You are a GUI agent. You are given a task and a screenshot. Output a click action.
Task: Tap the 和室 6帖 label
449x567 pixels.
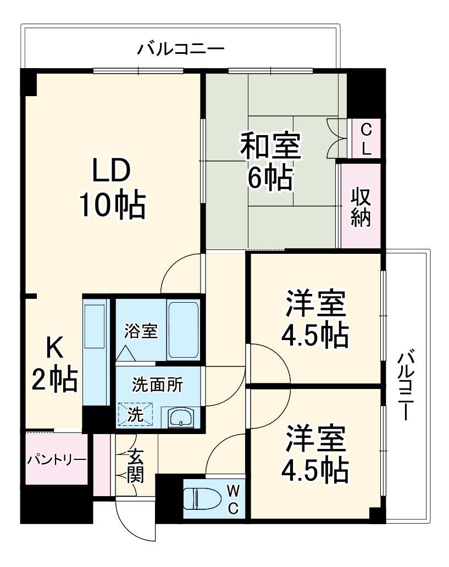point(270,162)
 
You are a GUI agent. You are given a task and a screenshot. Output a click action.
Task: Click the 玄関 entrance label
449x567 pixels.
point(135,466)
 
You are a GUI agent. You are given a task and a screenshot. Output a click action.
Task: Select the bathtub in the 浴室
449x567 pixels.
point(184,329)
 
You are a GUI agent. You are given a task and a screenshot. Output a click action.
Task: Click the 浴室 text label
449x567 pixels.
point(141,331)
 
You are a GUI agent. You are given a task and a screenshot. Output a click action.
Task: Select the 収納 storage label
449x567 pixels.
point(361,207)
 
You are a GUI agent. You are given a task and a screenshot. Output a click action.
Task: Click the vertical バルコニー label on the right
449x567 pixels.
point(406,384)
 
